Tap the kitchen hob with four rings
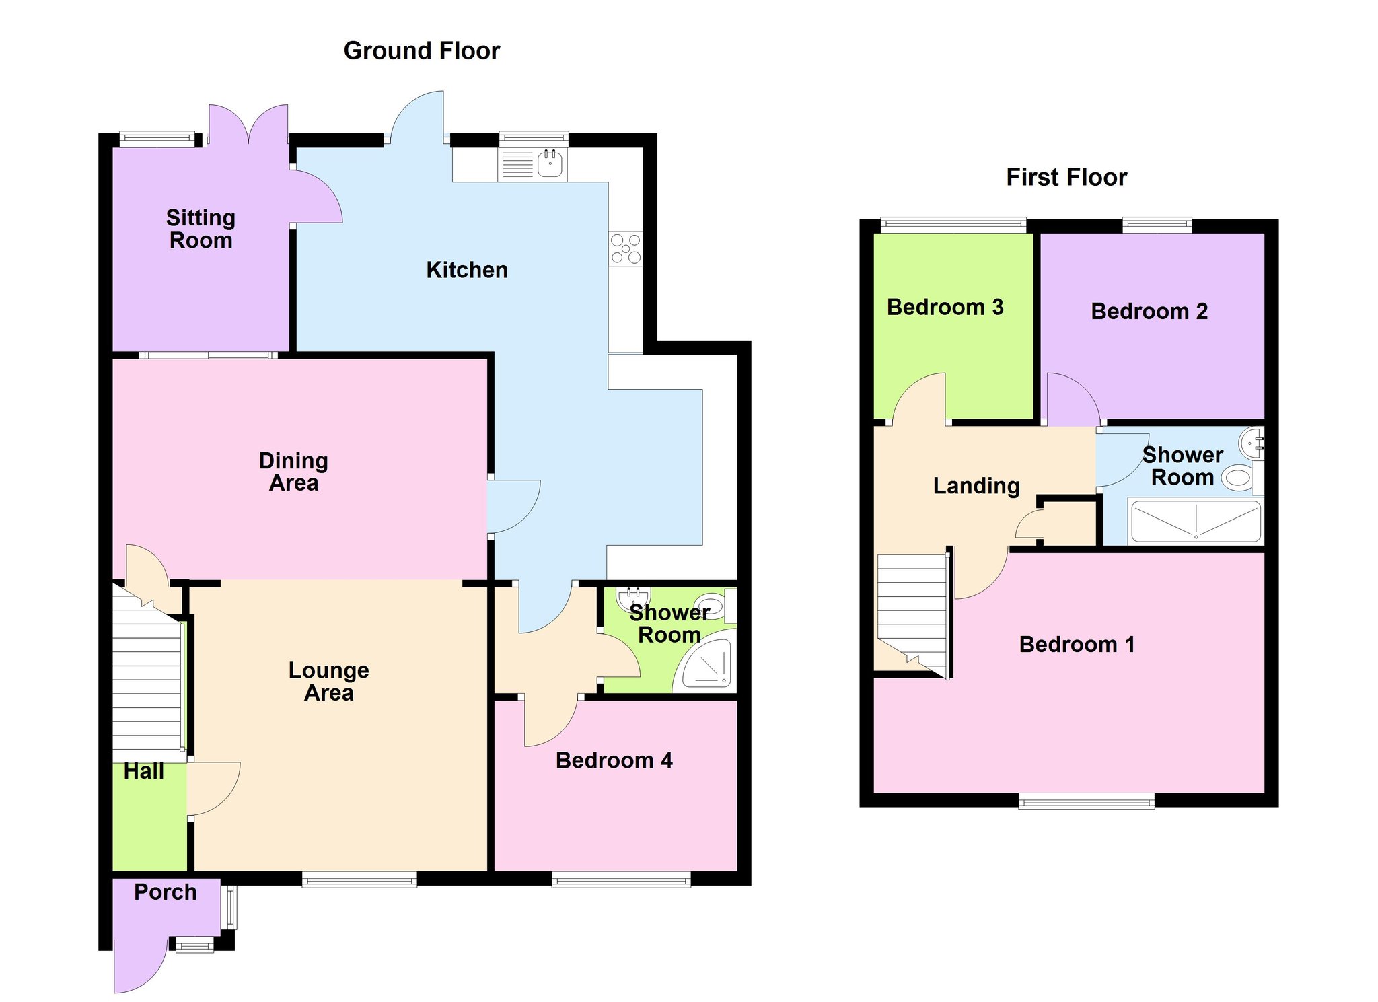pos(626,249)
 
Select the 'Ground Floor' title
pos(422,51)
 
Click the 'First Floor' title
pos(1066,178)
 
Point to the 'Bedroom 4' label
pos(614,760)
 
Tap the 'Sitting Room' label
pos(201,229)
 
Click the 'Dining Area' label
pos(293,472)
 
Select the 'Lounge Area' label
pos(328,682)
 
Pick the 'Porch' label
pos(166,892)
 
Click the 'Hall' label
pos(144,771)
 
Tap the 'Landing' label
pos(976,486)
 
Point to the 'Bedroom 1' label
pos(1077,645)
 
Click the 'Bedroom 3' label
pos(945,308)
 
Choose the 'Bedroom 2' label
pos(1149,312)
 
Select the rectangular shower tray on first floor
pos(1196,521)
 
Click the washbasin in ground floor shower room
pos(633,596)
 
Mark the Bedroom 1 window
pos(1087,801)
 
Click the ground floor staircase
pos(147,673)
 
